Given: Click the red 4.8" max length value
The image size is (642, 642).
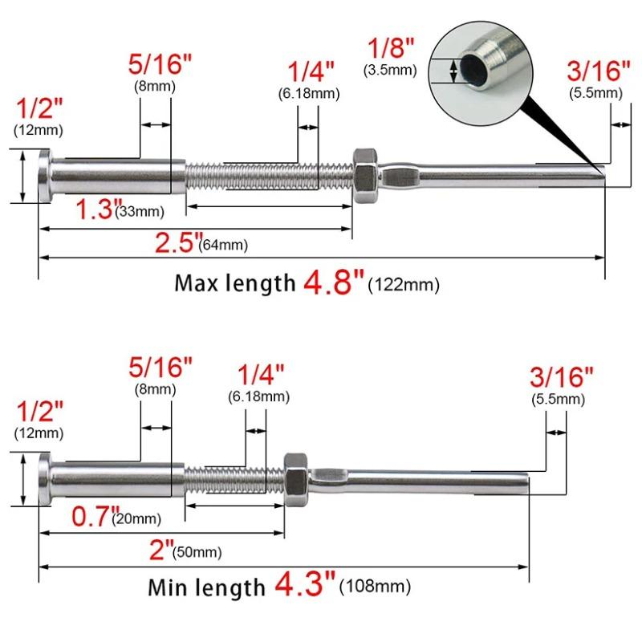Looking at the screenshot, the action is (333, 282).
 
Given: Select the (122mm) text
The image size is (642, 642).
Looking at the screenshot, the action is (404, 284).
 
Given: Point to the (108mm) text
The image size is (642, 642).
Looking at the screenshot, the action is (375, 586).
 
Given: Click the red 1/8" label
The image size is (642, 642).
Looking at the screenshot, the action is (391, 47).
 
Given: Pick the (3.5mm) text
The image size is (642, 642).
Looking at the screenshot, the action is (390, 70).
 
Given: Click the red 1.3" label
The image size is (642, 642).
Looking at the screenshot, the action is (99, 209).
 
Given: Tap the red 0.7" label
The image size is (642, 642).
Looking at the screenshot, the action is (95, 516).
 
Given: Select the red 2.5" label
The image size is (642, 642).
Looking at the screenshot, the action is (179, 242).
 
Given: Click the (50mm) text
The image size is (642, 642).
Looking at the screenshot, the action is (197, 552).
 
